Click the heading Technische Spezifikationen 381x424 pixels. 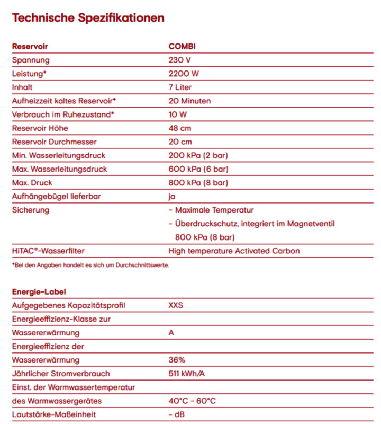[88, 18]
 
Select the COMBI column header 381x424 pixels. [182, 47]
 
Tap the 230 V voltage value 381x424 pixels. [179, 60]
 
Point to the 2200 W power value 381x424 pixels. [184, 74]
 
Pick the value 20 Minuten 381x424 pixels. [189, 101]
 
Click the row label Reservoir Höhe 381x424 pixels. [40, 128]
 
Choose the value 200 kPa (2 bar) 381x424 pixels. [198, 155]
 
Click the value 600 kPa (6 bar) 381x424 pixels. [198, 169]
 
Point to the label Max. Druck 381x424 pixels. [32, 183]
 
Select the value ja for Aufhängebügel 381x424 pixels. [172, 197]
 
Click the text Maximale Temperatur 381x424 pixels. [214, 210]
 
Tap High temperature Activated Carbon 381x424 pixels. [234, 251]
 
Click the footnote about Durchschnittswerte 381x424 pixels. [90, 265]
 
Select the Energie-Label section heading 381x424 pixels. [39, 291]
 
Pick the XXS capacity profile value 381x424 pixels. [177, 305]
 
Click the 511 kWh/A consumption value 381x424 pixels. [187, 374]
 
